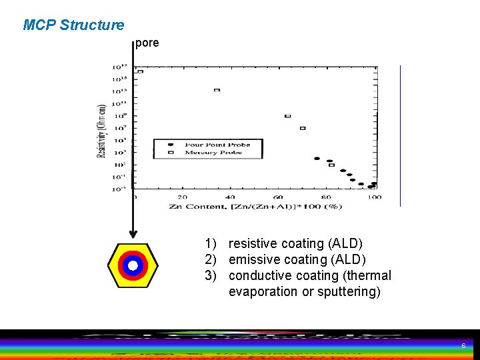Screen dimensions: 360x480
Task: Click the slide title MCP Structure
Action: click(x=73, y=25)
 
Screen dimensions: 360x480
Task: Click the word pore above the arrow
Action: click(x=147, y=43)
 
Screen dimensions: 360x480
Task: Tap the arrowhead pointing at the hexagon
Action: click(x=133, y=234)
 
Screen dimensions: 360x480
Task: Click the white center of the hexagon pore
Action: click(x=133, y=265)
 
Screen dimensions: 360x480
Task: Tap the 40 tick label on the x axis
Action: click(x=231, y=197)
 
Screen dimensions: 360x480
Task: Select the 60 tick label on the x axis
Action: click(x=278, y=197)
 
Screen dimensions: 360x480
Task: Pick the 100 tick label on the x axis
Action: click(x=374, y=197)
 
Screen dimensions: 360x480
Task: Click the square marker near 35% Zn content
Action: click(x=217, y=90)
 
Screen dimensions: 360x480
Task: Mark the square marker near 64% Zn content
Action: click(x=287, y=116)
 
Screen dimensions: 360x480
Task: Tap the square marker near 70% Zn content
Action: click(x=302, y=128)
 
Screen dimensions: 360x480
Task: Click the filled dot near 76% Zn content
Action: click(x=317, y=159)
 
